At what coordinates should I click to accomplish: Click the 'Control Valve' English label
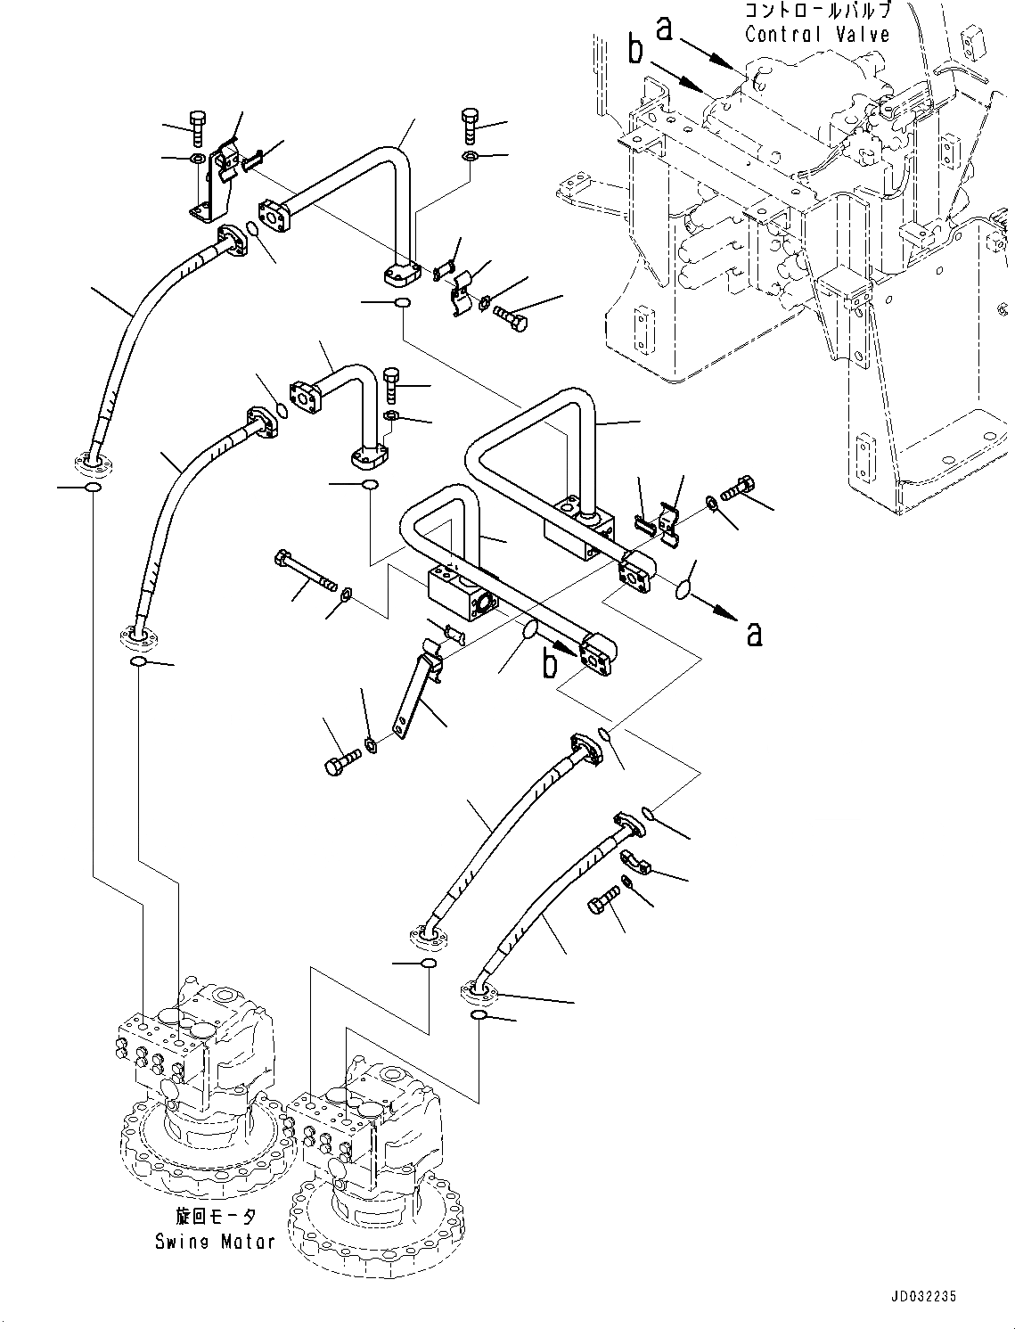[816, 36]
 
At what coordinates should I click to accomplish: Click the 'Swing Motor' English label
[215, 1241]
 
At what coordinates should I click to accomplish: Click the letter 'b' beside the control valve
[634, 52]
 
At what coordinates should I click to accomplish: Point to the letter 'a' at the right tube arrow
[754, 634]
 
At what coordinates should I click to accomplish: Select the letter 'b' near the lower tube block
[551, 663]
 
